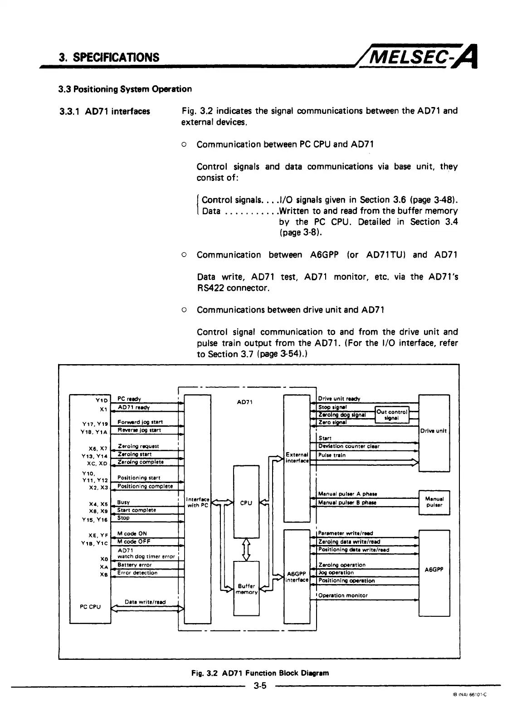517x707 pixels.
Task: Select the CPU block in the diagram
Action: (x=246, y=502)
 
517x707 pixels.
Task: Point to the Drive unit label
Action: (x=434, y=431)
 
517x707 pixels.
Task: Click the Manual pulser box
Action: (x=434, y=502)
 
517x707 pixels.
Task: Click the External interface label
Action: (x=297, y=457)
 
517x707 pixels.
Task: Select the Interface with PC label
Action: (x=197, y=502)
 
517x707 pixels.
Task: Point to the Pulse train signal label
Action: (x=332, y=455)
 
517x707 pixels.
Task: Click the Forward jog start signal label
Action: (x=140, y=422)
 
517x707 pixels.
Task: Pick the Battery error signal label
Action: (x=134, y=565)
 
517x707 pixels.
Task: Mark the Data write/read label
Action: (x=145, y=602)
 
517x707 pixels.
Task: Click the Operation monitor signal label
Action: (x=343, y=595)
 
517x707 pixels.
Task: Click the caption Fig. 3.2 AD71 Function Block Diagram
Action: (x=260, y=673)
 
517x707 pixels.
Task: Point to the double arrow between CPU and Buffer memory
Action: (x=246, y=549)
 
